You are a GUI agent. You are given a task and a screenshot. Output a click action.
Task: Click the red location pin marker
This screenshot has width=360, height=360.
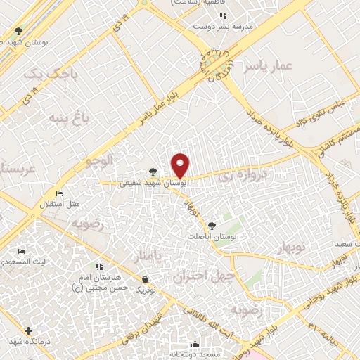point(181,166)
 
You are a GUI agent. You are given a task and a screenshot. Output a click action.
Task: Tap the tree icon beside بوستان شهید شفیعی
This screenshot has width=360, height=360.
point(153,172)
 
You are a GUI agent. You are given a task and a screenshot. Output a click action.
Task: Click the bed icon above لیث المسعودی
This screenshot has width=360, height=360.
point(21,251)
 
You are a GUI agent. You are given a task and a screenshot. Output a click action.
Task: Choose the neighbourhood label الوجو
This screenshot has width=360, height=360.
point(100,161)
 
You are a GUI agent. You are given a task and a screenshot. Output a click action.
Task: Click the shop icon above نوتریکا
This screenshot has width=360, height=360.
point(145,279)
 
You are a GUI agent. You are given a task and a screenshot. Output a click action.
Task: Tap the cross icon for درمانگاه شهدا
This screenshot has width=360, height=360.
point(28,330)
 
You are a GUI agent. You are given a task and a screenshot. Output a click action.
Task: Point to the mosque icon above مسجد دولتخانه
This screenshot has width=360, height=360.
point(195,345)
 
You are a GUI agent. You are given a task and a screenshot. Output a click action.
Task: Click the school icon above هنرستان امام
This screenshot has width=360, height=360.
point(99,266)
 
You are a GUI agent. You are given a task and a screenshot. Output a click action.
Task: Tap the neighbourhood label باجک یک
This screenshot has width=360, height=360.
point(44,73)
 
